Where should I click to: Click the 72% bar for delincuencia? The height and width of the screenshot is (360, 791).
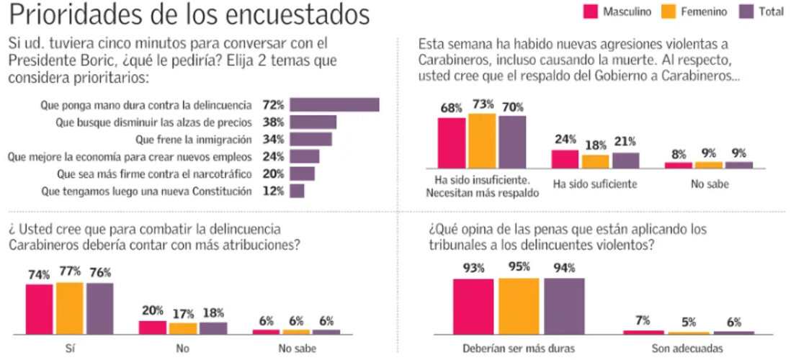coord(334,104)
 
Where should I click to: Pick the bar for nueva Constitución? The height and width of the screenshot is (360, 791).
coord(297,191)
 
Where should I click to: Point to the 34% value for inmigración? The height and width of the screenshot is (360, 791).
coord(273,139)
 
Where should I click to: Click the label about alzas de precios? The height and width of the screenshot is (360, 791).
coord(153,122)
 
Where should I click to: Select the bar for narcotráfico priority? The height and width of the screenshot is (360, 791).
coord(302,174)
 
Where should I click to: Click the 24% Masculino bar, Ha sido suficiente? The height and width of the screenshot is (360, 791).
coord(565,159)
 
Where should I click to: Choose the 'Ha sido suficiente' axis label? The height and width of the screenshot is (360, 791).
coord(594,184)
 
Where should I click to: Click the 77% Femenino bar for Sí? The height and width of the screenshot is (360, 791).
coord(69,308)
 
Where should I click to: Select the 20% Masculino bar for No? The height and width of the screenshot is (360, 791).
coord(152,327)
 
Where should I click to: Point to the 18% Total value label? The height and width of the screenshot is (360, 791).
coord(213,313)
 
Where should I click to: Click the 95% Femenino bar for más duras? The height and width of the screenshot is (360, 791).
coord(519,306)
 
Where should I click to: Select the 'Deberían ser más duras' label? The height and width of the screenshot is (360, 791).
coord(519,350)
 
